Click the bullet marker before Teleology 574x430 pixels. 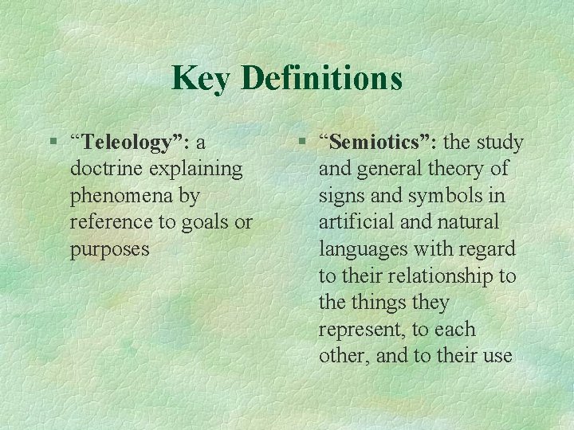pyautogui.click(x=53, y=142)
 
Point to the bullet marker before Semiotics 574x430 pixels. pyautogui.click(x=301, y=142)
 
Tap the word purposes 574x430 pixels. pyautogui.click(x=109, y=249)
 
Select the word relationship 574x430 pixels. pyautogui.click(x=434, y=276)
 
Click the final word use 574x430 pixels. pyautogui.click(x=497, y=356)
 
